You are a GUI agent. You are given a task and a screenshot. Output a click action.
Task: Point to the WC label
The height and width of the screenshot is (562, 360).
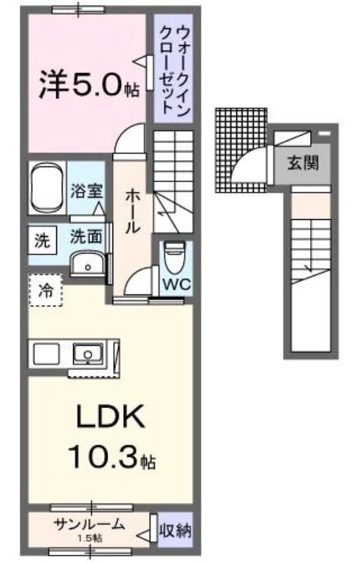[176, 285]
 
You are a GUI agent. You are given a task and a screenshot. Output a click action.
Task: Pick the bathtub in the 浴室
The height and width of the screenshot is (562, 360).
[47, 188]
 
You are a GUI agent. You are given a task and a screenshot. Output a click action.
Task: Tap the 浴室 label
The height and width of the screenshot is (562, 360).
[86, 190]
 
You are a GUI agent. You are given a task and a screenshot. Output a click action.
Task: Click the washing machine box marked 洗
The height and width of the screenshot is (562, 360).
[42, 241]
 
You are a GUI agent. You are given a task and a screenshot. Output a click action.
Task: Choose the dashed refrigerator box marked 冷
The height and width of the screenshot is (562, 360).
[46, 290]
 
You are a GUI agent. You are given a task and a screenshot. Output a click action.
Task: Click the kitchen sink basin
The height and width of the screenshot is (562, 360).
[88, 353]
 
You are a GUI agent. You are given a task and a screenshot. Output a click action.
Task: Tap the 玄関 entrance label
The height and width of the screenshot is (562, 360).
[303, 163]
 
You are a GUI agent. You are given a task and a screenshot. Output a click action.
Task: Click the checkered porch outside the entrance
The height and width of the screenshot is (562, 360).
[241, 150]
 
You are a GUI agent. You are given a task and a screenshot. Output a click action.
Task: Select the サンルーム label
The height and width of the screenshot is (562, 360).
[89, 525]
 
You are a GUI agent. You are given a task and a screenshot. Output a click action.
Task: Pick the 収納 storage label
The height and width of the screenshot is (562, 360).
[175, 530]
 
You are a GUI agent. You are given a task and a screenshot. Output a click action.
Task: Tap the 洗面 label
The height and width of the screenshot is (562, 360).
[86, 237]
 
